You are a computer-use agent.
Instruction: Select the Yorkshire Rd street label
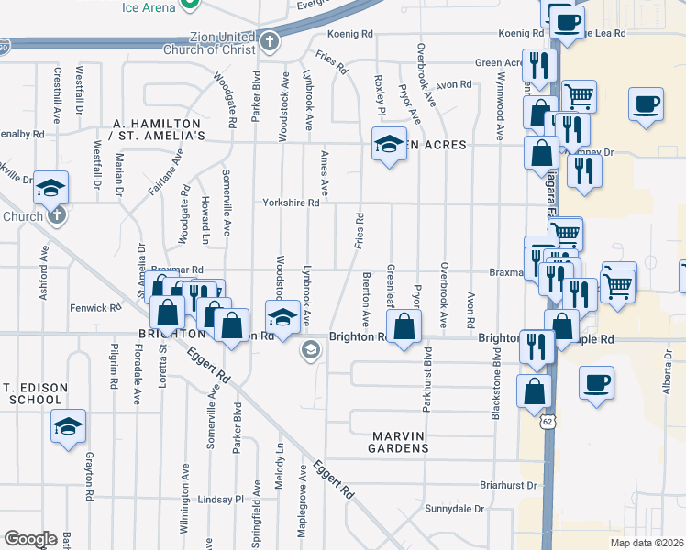coord(292,203)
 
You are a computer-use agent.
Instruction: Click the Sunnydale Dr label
coord(454,508)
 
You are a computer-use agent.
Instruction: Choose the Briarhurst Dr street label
coord(506,485)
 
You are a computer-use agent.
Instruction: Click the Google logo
coord(30,539)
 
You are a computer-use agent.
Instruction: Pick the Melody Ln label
coord(281,459)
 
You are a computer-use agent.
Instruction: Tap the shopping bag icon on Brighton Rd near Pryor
coord(404,327)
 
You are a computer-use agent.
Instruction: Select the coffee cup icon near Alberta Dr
coord(596,381)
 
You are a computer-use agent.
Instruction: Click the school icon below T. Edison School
coord(68,425)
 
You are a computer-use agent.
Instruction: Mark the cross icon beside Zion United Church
coord(269,41)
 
